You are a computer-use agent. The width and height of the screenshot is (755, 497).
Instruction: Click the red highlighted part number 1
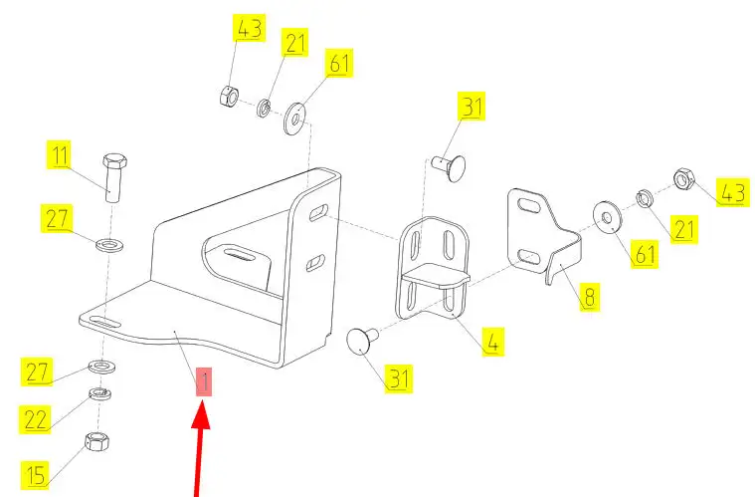point(203,382)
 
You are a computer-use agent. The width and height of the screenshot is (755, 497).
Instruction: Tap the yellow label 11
point(61,156)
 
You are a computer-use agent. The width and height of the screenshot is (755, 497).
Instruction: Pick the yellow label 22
point(36,420)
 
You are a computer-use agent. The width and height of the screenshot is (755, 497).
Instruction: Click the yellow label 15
point(35,474)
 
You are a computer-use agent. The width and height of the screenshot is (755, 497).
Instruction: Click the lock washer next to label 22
point(98,394)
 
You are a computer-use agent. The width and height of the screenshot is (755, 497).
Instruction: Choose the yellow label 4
point(491,342)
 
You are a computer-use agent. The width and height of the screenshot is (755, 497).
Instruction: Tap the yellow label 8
point(589,296)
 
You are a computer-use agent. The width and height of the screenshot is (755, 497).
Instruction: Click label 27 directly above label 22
point(36,373)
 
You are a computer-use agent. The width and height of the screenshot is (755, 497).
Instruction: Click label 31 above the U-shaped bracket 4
point(470,108)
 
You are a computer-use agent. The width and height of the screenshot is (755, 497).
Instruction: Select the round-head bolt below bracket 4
point(360,343)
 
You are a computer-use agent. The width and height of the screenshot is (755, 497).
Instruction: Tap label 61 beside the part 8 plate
point(646,255)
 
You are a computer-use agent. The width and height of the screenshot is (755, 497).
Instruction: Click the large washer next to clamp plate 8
point(605,215)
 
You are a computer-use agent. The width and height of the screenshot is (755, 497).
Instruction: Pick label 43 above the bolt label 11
point(249,29)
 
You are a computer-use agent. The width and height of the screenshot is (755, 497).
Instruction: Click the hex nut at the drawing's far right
point(682,179)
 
